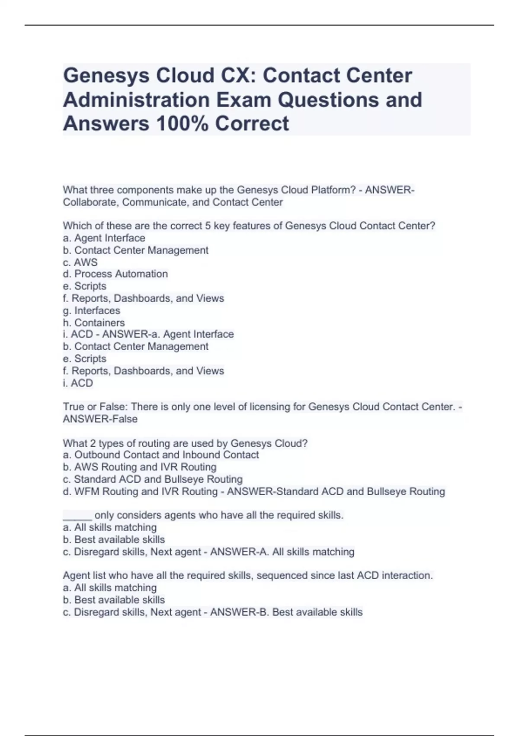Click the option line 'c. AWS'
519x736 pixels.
click(x=80, y=262)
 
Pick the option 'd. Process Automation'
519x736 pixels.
click(x=115, y=274)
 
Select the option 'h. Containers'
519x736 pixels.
click(x=93, y=323)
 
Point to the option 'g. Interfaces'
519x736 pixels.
click(x=91, y=310)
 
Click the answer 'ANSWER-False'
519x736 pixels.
click(x=100, y=419)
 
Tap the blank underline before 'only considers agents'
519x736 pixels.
click(x=77, y=516)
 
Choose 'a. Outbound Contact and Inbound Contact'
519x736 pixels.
click(x=160, y=455)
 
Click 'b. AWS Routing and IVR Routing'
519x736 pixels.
click(x=139, y=467)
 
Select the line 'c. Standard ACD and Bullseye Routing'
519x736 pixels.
click(x=152, y=479)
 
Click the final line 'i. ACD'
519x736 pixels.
click(x=78, y=383)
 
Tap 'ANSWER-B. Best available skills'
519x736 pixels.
click(x=286, y=612)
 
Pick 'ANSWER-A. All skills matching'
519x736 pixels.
click(x=282, y=552)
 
